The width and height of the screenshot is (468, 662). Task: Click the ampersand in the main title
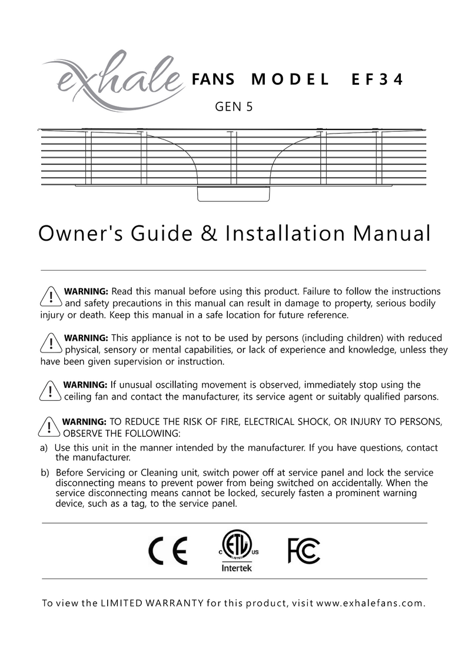[x=209, y=234]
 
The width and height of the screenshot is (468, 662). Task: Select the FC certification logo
[x=304, y=551]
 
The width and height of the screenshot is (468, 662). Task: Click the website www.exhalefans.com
[x=370, y=603]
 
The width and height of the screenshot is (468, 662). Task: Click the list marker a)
[x=44, y=448]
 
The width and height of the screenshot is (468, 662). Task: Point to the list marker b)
[x=44, y=473]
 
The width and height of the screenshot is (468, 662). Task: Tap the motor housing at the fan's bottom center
[x=234, y=194]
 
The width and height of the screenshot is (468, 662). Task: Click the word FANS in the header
[x=214, y=80]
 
